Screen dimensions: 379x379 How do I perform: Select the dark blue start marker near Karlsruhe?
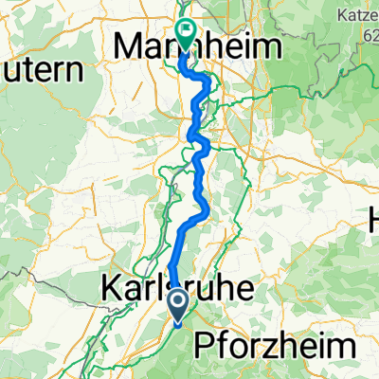[x=179, y=304]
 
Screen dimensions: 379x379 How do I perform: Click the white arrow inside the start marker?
[x=179, y=303]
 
